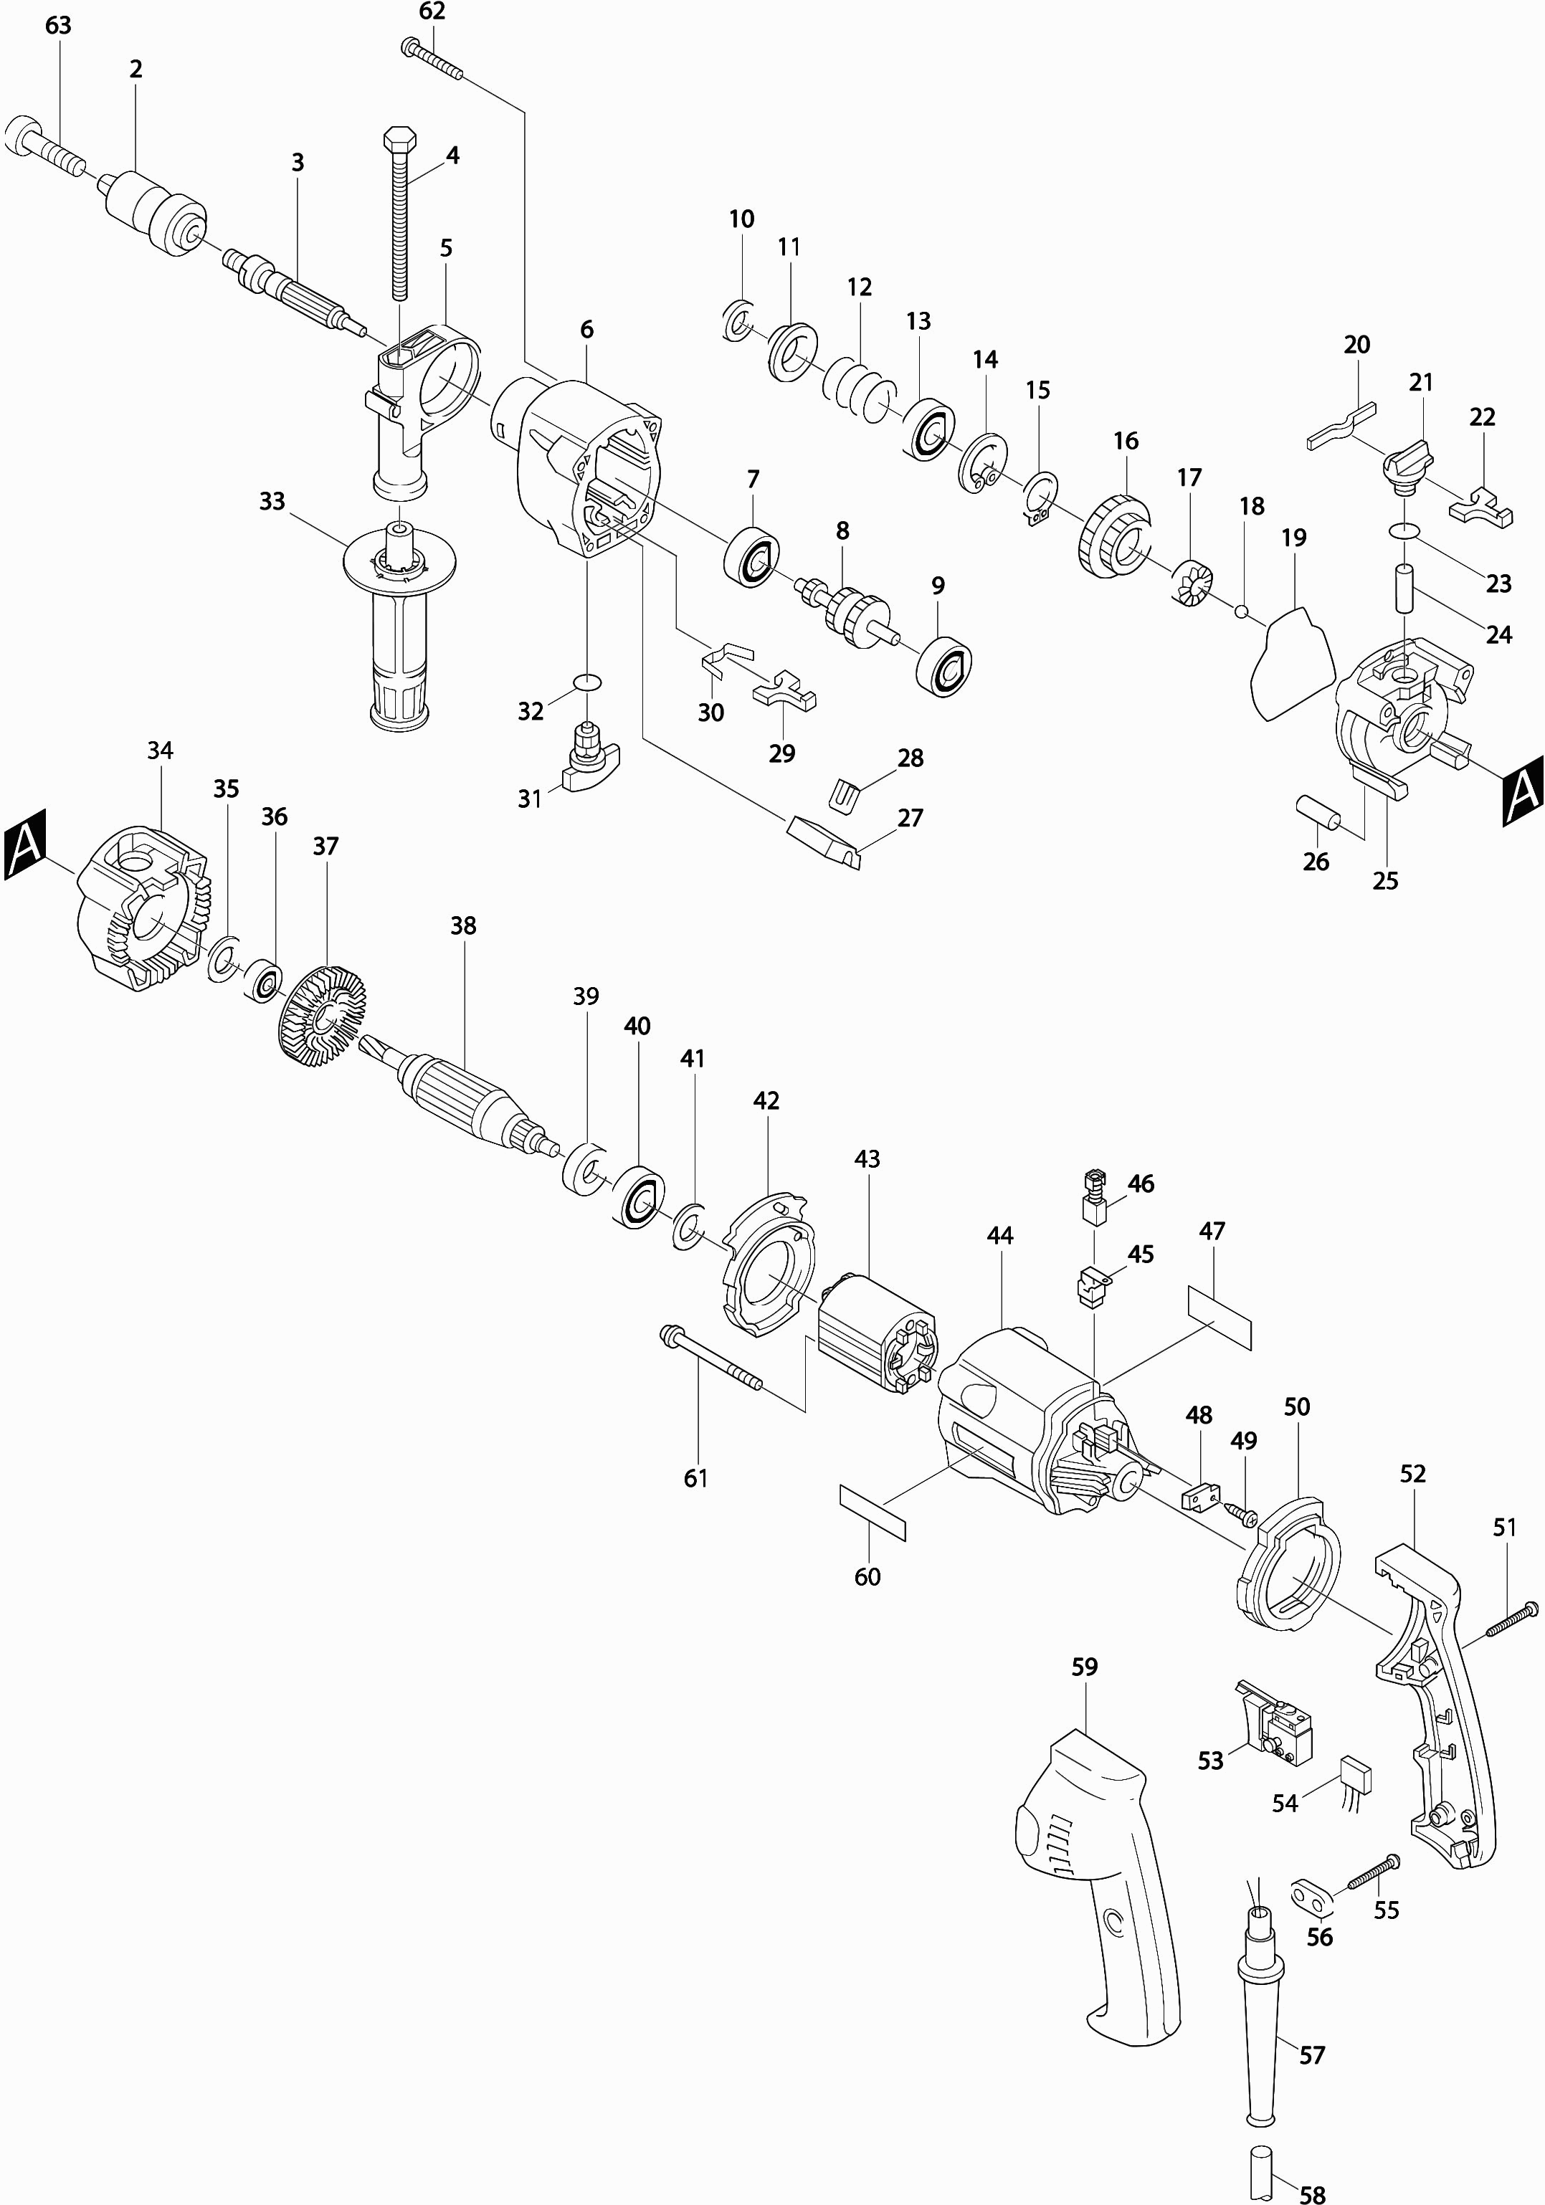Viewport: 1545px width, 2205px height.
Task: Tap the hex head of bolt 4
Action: (397, 139)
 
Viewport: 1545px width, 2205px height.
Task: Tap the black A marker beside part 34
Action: (26, 843)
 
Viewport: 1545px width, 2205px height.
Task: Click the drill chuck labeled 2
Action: (153, 213)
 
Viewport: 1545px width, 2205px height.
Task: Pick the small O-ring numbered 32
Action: (586, 682)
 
